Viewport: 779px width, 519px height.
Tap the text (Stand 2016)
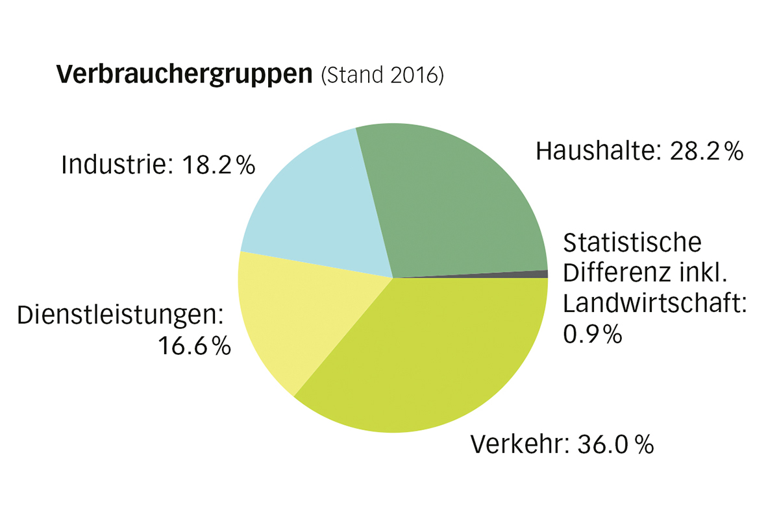click(x=382, y=76)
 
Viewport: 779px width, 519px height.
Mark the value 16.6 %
click(x=195, y=346)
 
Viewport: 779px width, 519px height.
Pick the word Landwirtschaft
click(x=652, y=304)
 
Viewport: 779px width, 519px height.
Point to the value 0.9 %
click(x=593, y=334)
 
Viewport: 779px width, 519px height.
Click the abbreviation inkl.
click(x=702, y=273)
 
